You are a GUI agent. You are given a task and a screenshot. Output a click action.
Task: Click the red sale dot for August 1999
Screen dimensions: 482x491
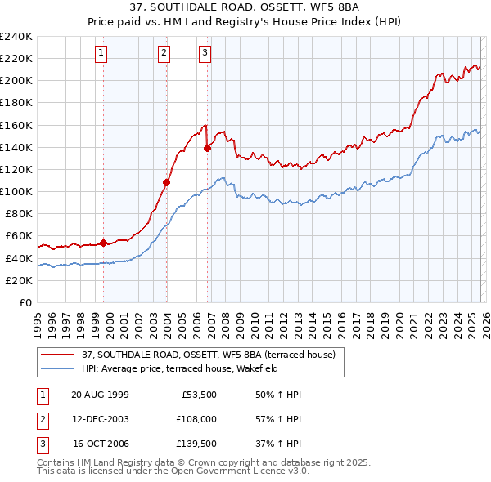pos(104,243)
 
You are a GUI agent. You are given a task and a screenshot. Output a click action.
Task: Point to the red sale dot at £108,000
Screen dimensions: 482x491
pos(166,182)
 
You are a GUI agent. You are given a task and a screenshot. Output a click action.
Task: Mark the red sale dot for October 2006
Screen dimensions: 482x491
pos(207,148)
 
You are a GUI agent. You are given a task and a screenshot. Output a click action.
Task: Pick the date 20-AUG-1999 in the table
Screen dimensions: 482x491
pos(100,394)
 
